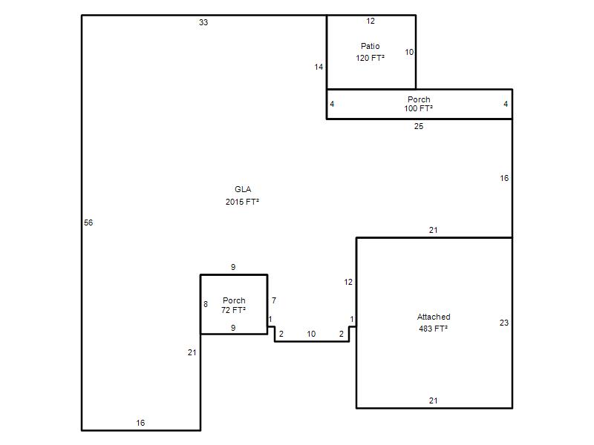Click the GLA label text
(x=243, y=189)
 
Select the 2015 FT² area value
(x=243, y=202)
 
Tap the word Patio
(x=370, y=46)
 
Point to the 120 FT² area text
(x=370, y=58)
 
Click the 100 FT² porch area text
(x=419, y=108)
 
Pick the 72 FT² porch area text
(x=234, y=310)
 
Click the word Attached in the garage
(x=434, y=317)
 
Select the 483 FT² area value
(x=434, y=329)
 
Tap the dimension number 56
(x=88, y=222)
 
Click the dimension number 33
(x=203, y=22)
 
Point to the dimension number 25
(x=419, y=126)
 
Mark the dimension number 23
(x=504, y=323)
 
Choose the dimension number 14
(x=319, y=67)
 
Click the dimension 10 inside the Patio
(x=409, y=52)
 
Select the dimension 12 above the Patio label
(x=371, y=22)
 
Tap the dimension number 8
(x=206, y=304)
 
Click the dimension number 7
(x=274, y=300)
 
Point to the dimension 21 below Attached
(x=434, y=400)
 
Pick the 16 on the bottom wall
(x=140, y=423)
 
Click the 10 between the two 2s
(x=311, y=334)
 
